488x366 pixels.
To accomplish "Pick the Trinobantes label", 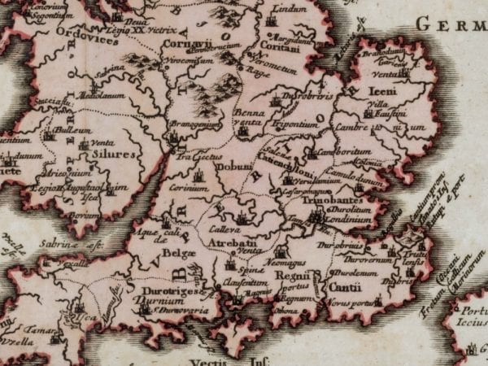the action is click(326, 199).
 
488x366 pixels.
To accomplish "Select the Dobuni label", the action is click(237, 166).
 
